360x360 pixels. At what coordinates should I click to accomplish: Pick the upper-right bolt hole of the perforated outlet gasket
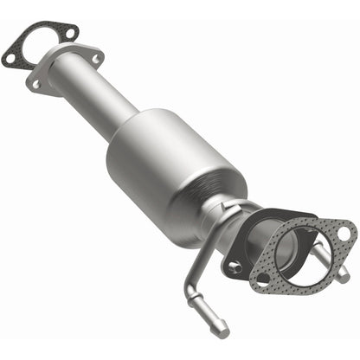[344, 232]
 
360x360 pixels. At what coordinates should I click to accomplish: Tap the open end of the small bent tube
[222, 328]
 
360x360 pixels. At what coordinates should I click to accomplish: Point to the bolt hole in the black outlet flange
[234, 267]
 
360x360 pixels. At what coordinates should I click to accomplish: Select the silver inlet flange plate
[65, 69]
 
